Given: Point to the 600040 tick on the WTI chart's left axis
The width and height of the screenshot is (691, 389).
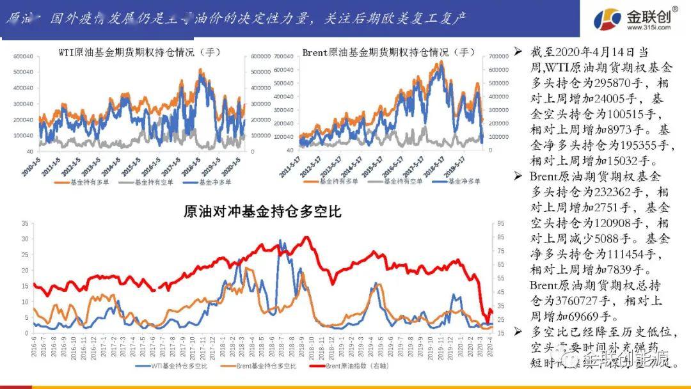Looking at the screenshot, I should [22, 56].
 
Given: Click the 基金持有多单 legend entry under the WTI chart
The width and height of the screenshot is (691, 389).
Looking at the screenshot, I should [77, 182].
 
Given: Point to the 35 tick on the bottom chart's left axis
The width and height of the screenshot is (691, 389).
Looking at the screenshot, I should [25, 223].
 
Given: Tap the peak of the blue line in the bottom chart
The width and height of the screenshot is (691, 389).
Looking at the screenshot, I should [280, 241].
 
